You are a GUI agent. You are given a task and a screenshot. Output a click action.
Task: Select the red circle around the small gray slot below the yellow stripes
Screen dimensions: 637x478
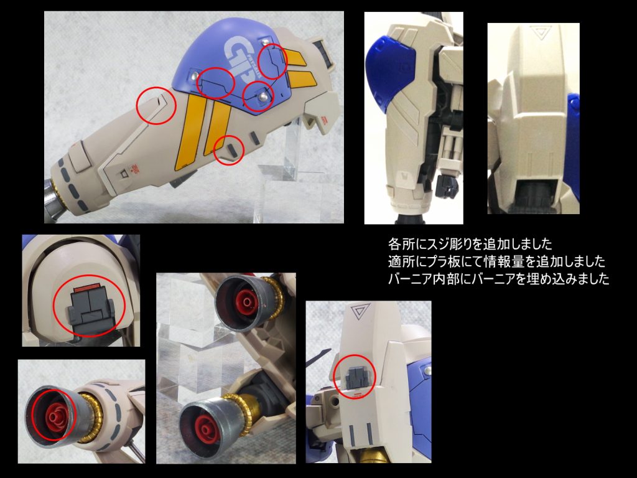pos(229,150)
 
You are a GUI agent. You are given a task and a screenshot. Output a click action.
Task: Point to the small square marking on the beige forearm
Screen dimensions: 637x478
pos(124,174)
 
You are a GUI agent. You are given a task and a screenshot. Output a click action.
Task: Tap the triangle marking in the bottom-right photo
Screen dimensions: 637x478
pos(360,312)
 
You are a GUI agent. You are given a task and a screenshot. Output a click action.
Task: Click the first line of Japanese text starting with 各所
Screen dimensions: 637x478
pos(470,244)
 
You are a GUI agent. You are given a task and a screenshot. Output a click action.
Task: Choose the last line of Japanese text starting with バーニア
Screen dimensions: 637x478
pos(498,279)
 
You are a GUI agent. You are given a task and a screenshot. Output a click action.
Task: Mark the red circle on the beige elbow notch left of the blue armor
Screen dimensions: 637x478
pos(156,106)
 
